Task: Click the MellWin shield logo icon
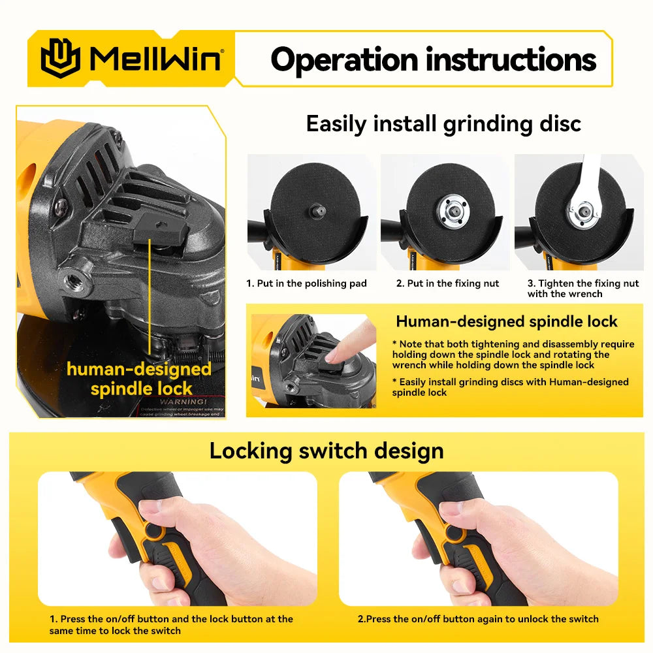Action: tap(60, 59)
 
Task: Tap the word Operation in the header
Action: tap(344, 59)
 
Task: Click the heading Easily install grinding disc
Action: tap(443, 123)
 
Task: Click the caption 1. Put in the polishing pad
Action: tap(306, 283)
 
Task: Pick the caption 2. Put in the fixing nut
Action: tap(447, 283)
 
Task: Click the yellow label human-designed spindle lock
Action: tap(139, 379)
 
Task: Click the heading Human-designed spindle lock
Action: tap(506, 321)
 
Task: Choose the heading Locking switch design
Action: tap(326, 451)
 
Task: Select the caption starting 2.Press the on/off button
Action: tap(477, 619)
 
